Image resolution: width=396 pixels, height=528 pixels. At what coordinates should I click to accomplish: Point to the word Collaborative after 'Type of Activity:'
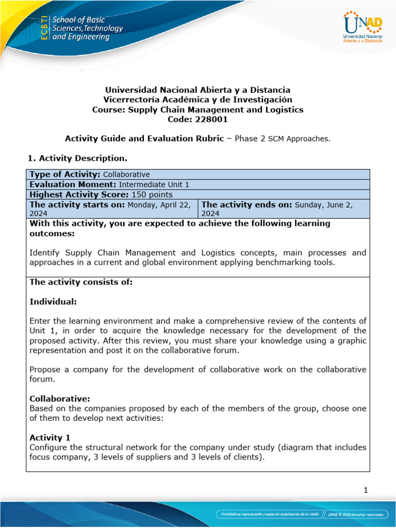[x=126, y=174]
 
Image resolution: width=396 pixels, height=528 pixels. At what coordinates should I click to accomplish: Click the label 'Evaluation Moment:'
[x=73, y=184]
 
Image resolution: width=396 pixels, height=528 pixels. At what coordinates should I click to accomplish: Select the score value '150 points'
[x=152, y=194]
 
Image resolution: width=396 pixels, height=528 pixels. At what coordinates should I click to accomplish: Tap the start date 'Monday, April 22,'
[x=161, y=204]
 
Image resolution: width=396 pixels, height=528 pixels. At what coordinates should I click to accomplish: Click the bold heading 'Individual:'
[x=53, y=301]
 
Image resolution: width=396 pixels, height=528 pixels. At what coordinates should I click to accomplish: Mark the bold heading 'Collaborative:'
[x=60, y=399]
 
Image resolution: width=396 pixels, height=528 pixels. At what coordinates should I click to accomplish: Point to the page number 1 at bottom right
[x=365, y=490]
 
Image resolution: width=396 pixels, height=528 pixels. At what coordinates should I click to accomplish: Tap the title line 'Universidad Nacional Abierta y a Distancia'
[x=197, y=90]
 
